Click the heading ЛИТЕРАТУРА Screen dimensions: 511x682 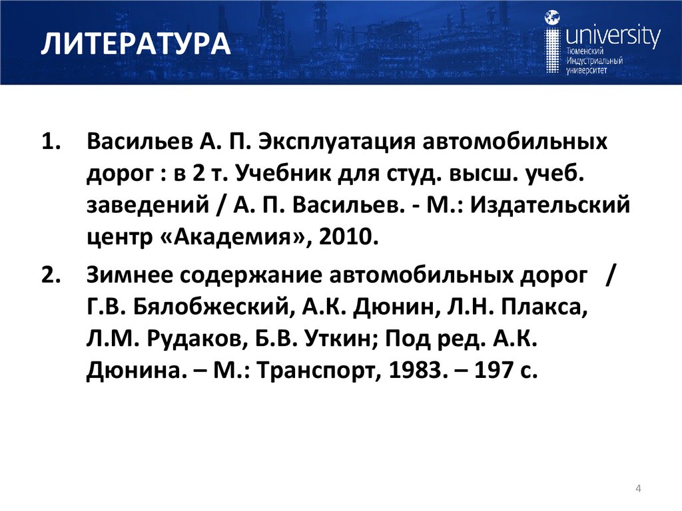pos(135,46)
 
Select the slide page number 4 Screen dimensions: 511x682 pos(639,490)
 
